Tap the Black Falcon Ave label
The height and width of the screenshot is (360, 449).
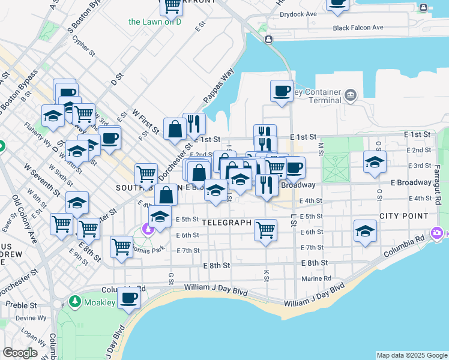click(358, 28)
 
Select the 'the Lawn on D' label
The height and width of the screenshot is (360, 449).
click(155, 22)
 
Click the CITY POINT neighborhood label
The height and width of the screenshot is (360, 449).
click(403, 215)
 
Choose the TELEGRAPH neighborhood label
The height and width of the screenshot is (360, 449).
click(226, 222)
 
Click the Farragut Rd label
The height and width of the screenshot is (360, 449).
click(438, 184)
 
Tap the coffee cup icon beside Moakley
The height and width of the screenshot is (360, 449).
click(128, 297)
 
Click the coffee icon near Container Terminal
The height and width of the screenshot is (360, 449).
click(282, 91)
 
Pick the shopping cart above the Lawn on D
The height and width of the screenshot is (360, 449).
click(172, 5)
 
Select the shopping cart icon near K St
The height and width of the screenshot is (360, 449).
click(265, 229)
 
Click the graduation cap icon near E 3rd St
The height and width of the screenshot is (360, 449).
click(375, 161)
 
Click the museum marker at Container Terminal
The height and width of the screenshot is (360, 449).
click(350, 94)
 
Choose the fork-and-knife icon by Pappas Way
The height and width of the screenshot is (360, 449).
click(194, 124)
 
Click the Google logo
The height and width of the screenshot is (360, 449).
click(20, 352)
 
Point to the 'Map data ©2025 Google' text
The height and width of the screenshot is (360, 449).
click(411, 355)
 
